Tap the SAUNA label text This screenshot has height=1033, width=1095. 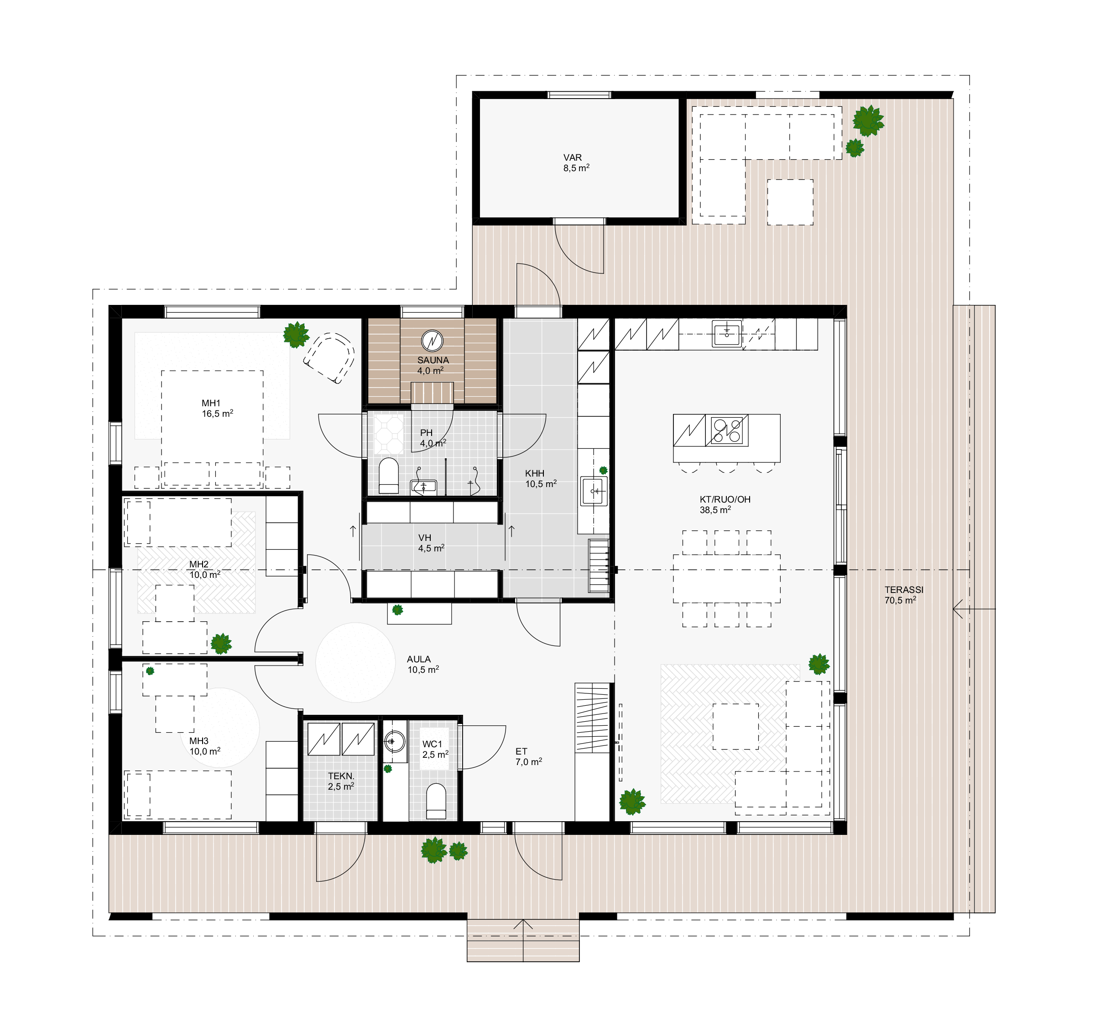click(433, 360)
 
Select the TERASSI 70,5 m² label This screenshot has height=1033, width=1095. click(904, 595)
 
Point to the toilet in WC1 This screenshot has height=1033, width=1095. click(436, 801)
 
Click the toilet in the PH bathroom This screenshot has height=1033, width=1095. click(389, 476)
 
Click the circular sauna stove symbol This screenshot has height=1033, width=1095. click(433, 341)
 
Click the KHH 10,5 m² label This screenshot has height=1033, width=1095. click(540, 479)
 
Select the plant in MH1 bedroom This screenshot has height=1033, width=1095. click(296, 335)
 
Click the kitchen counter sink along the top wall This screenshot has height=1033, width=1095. click(726, 333)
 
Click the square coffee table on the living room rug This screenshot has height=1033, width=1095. click(735, 726)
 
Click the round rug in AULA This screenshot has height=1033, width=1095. click(355, 662)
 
